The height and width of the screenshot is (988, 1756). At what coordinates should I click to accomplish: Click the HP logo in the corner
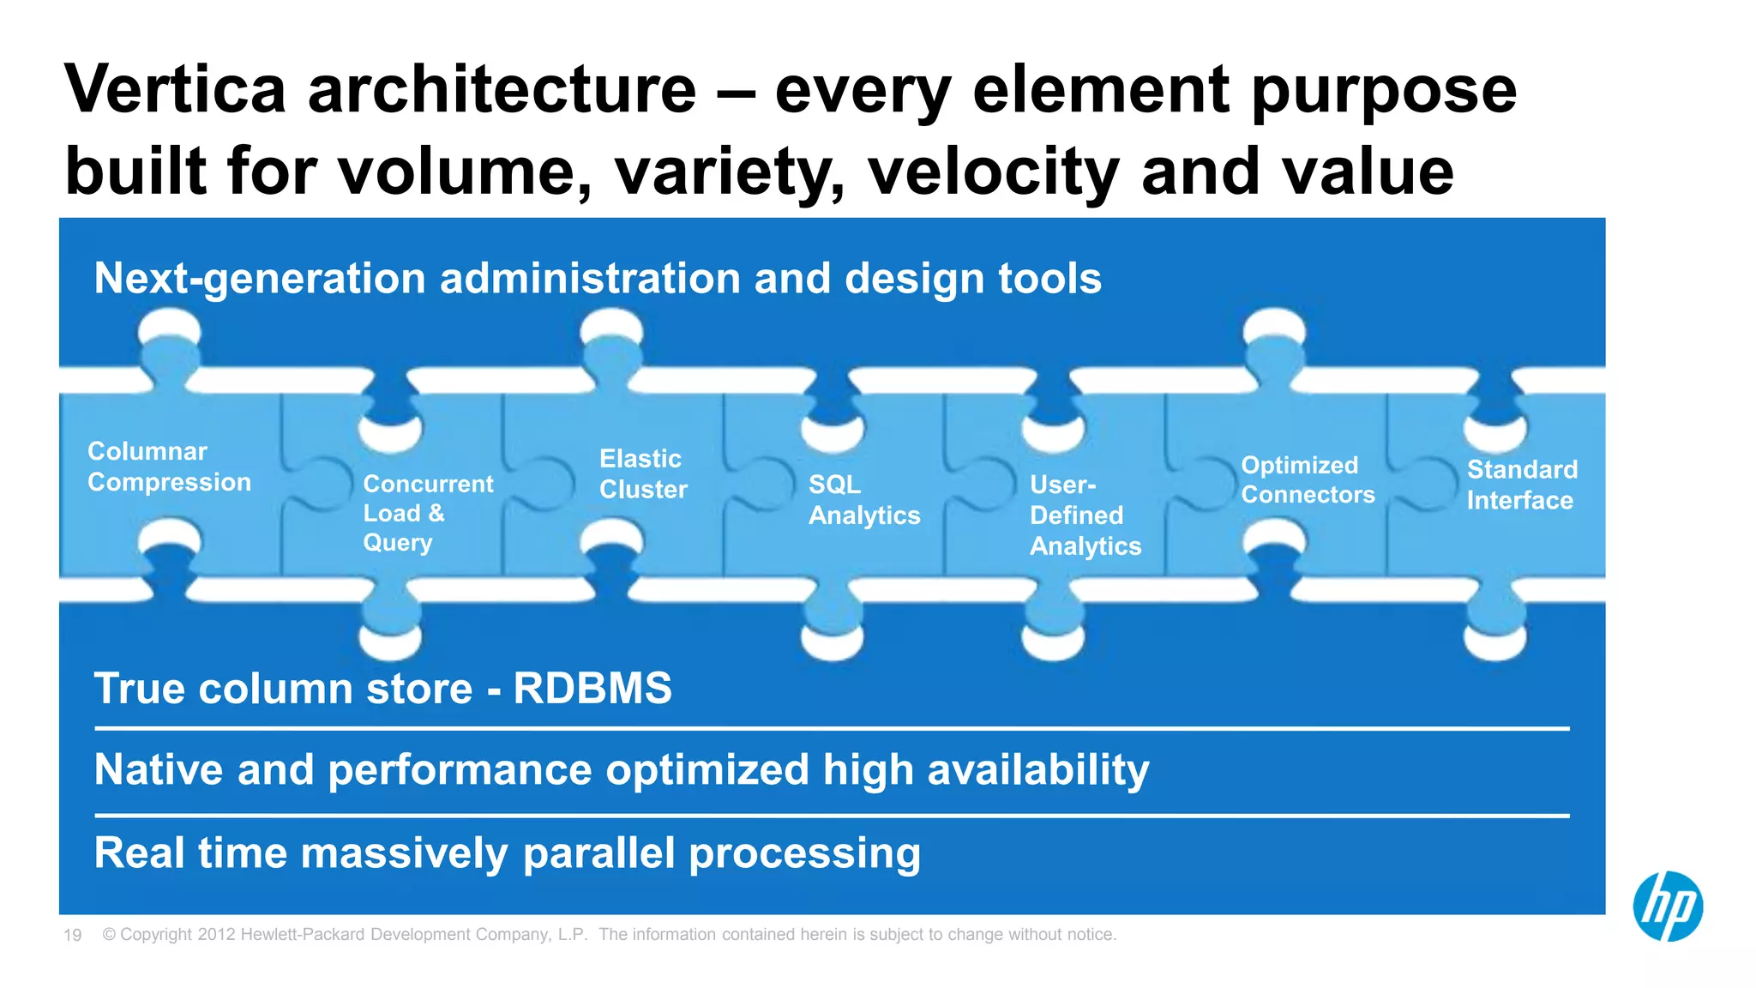tap(1668, 907)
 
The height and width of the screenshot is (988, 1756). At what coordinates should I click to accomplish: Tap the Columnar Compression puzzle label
tap(169, 467)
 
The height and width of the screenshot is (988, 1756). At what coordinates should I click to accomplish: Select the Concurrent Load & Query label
tap(428, 513)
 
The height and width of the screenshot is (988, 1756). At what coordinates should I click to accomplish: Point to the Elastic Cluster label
tap(643, 473)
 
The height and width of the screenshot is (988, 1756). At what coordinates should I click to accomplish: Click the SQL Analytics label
tap(863, 500)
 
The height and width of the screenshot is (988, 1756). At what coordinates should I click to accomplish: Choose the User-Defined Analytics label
tap(1085, 515)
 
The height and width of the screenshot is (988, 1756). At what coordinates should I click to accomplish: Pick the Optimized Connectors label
tap(1308, 479)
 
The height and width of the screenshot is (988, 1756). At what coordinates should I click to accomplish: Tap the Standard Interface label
tap(1522, 485)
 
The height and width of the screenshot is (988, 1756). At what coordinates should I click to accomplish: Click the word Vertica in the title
tap(175, 89)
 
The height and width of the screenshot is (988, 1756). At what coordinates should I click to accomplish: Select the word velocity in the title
tap(993, 171)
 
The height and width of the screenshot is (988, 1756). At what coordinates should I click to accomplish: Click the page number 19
tap(72, 935)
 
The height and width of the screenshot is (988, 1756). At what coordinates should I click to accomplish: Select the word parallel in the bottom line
tap(599, 853)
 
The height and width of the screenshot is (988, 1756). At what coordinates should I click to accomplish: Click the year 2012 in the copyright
tap(216, 935)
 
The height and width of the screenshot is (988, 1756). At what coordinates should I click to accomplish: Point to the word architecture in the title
tap(502, 89)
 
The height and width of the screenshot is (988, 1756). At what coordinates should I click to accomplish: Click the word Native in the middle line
tap(159, 769)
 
